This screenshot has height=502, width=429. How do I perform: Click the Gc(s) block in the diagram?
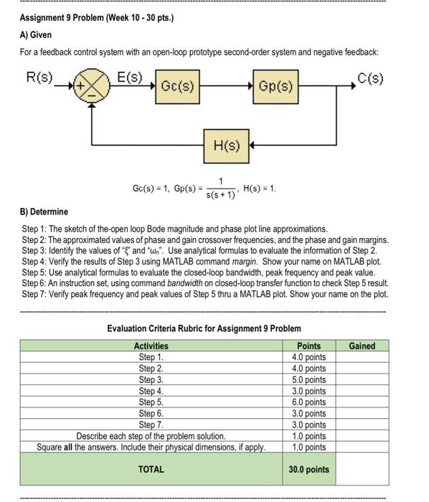[178, 87]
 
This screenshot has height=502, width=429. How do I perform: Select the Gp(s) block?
[275, 87]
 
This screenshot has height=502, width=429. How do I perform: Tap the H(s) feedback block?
[227, 146]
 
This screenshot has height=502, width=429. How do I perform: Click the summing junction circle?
[92, 85]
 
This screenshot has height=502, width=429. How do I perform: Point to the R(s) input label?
[39, 77]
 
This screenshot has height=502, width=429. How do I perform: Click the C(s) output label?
[370, 77]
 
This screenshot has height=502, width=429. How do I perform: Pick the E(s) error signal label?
[130, 77]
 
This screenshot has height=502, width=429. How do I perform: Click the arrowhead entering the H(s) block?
[252, 146]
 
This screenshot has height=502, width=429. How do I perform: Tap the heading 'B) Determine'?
[44, 212]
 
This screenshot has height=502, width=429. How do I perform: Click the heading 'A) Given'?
[36, 34]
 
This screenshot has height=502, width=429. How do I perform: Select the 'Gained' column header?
[362, 346]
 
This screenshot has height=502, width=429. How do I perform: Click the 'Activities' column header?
[151, 346]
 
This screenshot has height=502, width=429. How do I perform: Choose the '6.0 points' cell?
[309, 402]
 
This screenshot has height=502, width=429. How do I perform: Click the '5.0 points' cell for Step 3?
[309, 379]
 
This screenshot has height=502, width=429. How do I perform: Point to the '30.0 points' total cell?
[309, 469]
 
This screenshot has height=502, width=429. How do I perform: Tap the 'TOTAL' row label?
[151, 469]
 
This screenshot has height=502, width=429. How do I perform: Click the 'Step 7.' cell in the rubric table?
[151, 425]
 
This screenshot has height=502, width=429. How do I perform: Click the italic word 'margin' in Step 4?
[245, 262]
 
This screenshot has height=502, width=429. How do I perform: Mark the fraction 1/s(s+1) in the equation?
[221, 189]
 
